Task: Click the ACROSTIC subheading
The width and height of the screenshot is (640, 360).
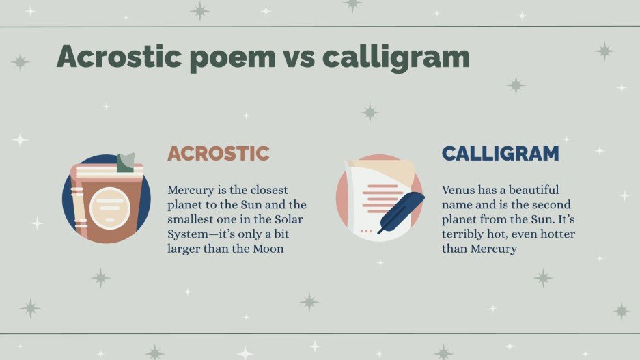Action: [x=218, y=154]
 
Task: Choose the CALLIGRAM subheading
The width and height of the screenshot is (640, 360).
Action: [x=500, y=154]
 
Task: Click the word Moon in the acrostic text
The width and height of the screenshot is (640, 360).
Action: [x=268, y=249]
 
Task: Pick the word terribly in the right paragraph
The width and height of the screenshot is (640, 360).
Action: [x=464, y=234]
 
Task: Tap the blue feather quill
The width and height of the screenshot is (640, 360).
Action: [x=402, y=211]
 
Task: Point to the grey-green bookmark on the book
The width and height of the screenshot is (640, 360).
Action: [x=126, y=163]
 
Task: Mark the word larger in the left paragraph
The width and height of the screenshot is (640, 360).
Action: [x=184, y=249]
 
